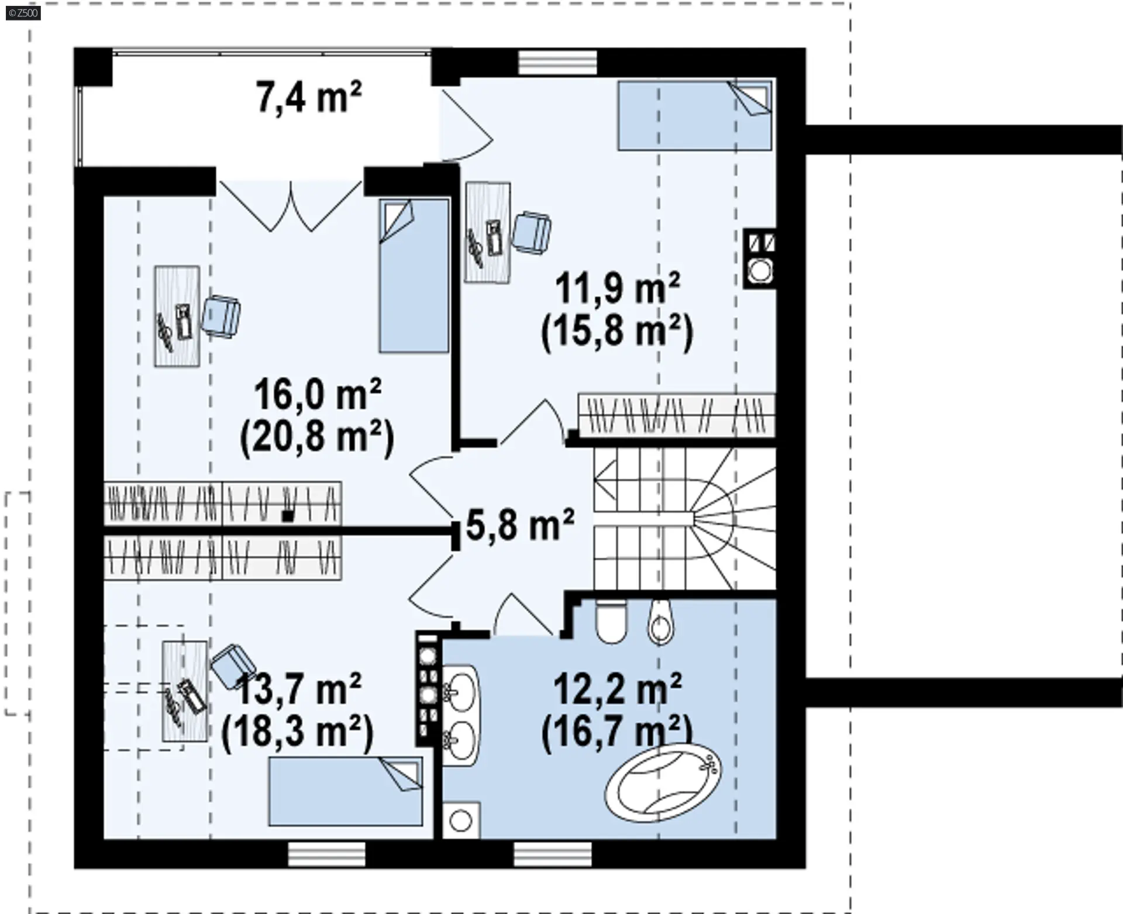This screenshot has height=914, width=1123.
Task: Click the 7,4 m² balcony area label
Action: click(x=309, y=96)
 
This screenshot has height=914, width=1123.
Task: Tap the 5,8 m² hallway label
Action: click(x=520, y=524)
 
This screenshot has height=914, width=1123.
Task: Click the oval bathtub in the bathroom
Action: click(x=663, y=782)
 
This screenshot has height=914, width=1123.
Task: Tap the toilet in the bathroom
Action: click(x=611, y=622)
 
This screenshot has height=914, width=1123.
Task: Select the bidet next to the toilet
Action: click(x=660, y=622)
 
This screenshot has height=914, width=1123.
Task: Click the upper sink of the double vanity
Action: click(x=460, y=691)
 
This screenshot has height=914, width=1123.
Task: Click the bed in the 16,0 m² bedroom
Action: click(x=414, y=276)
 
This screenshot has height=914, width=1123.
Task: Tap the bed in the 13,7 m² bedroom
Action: click(x=346, y=791)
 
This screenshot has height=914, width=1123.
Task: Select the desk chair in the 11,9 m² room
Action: click(x=531, y=233)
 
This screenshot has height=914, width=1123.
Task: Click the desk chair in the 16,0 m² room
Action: click(x=221, y=316)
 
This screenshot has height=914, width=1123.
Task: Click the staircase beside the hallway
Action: click(x=684, y=519)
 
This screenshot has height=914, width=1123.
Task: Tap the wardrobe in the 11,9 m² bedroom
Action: click(x=677, y=415)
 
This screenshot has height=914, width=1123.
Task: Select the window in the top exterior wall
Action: click(x=557, y=63)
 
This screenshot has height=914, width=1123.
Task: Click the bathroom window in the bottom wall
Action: click(x=553, y=854)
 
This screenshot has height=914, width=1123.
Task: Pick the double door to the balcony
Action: click(x=291, y=205)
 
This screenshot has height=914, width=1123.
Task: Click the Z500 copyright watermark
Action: click(x=23, y=12)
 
